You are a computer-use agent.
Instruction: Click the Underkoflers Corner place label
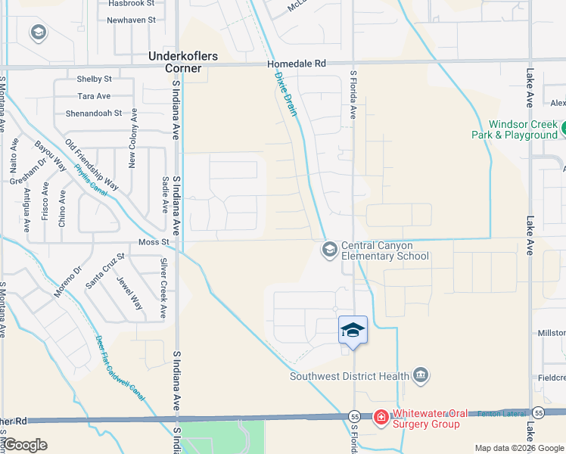coord(175,62)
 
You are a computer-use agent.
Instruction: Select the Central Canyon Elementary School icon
coord(329,249)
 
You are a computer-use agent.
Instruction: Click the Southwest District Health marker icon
coord(421,375)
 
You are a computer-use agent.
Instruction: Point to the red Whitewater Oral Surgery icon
coord(381,417)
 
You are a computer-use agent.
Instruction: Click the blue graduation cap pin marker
coord(352,330)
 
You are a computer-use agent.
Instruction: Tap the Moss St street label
coord(153,242)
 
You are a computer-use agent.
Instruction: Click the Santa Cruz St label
coord(104,270)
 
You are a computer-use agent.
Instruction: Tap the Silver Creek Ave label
coord(163,288)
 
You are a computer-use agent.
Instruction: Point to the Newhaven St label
coord(131,20)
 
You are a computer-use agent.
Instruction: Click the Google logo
coord(24,445)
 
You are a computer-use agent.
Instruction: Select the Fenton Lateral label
coord(499,414)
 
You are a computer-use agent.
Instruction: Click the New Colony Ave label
coord(133,138)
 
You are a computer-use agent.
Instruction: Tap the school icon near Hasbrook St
coord(38,33)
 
